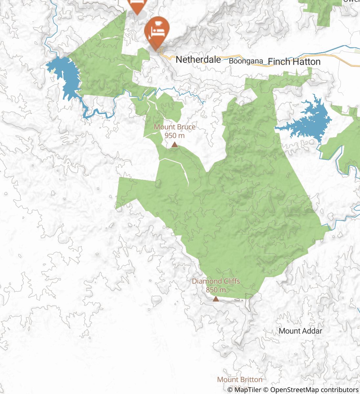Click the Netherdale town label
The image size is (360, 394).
tap(198, 60)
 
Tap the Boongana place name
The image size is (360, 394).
tap(246, 61)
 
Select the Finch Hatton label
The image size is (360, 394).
tap(294, 62)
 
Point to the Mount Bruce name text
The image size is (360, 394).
tap(174, 127)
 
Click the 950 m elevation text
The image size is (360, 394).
tap(174, 135)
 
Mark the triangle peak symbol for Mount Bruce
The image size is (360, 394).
tap(175, 144)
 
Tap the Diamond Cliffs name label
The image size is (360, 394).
tap(216, 281)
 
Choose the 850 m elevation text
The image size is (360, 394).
tap(216, 290)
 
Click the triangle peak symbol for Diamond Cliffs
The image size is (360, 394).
tap(216, 299)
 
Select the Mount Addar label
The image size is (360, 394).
tap(300, 331)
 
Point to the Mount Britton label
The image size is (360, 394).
tap(239, 380)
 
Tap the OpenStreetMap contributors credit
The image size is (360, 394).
tap(311, 390)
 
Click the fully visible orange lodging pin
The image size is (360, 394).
tap(157, 29)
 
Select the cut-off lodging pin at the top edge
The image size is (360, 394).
tap(137, 5)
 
